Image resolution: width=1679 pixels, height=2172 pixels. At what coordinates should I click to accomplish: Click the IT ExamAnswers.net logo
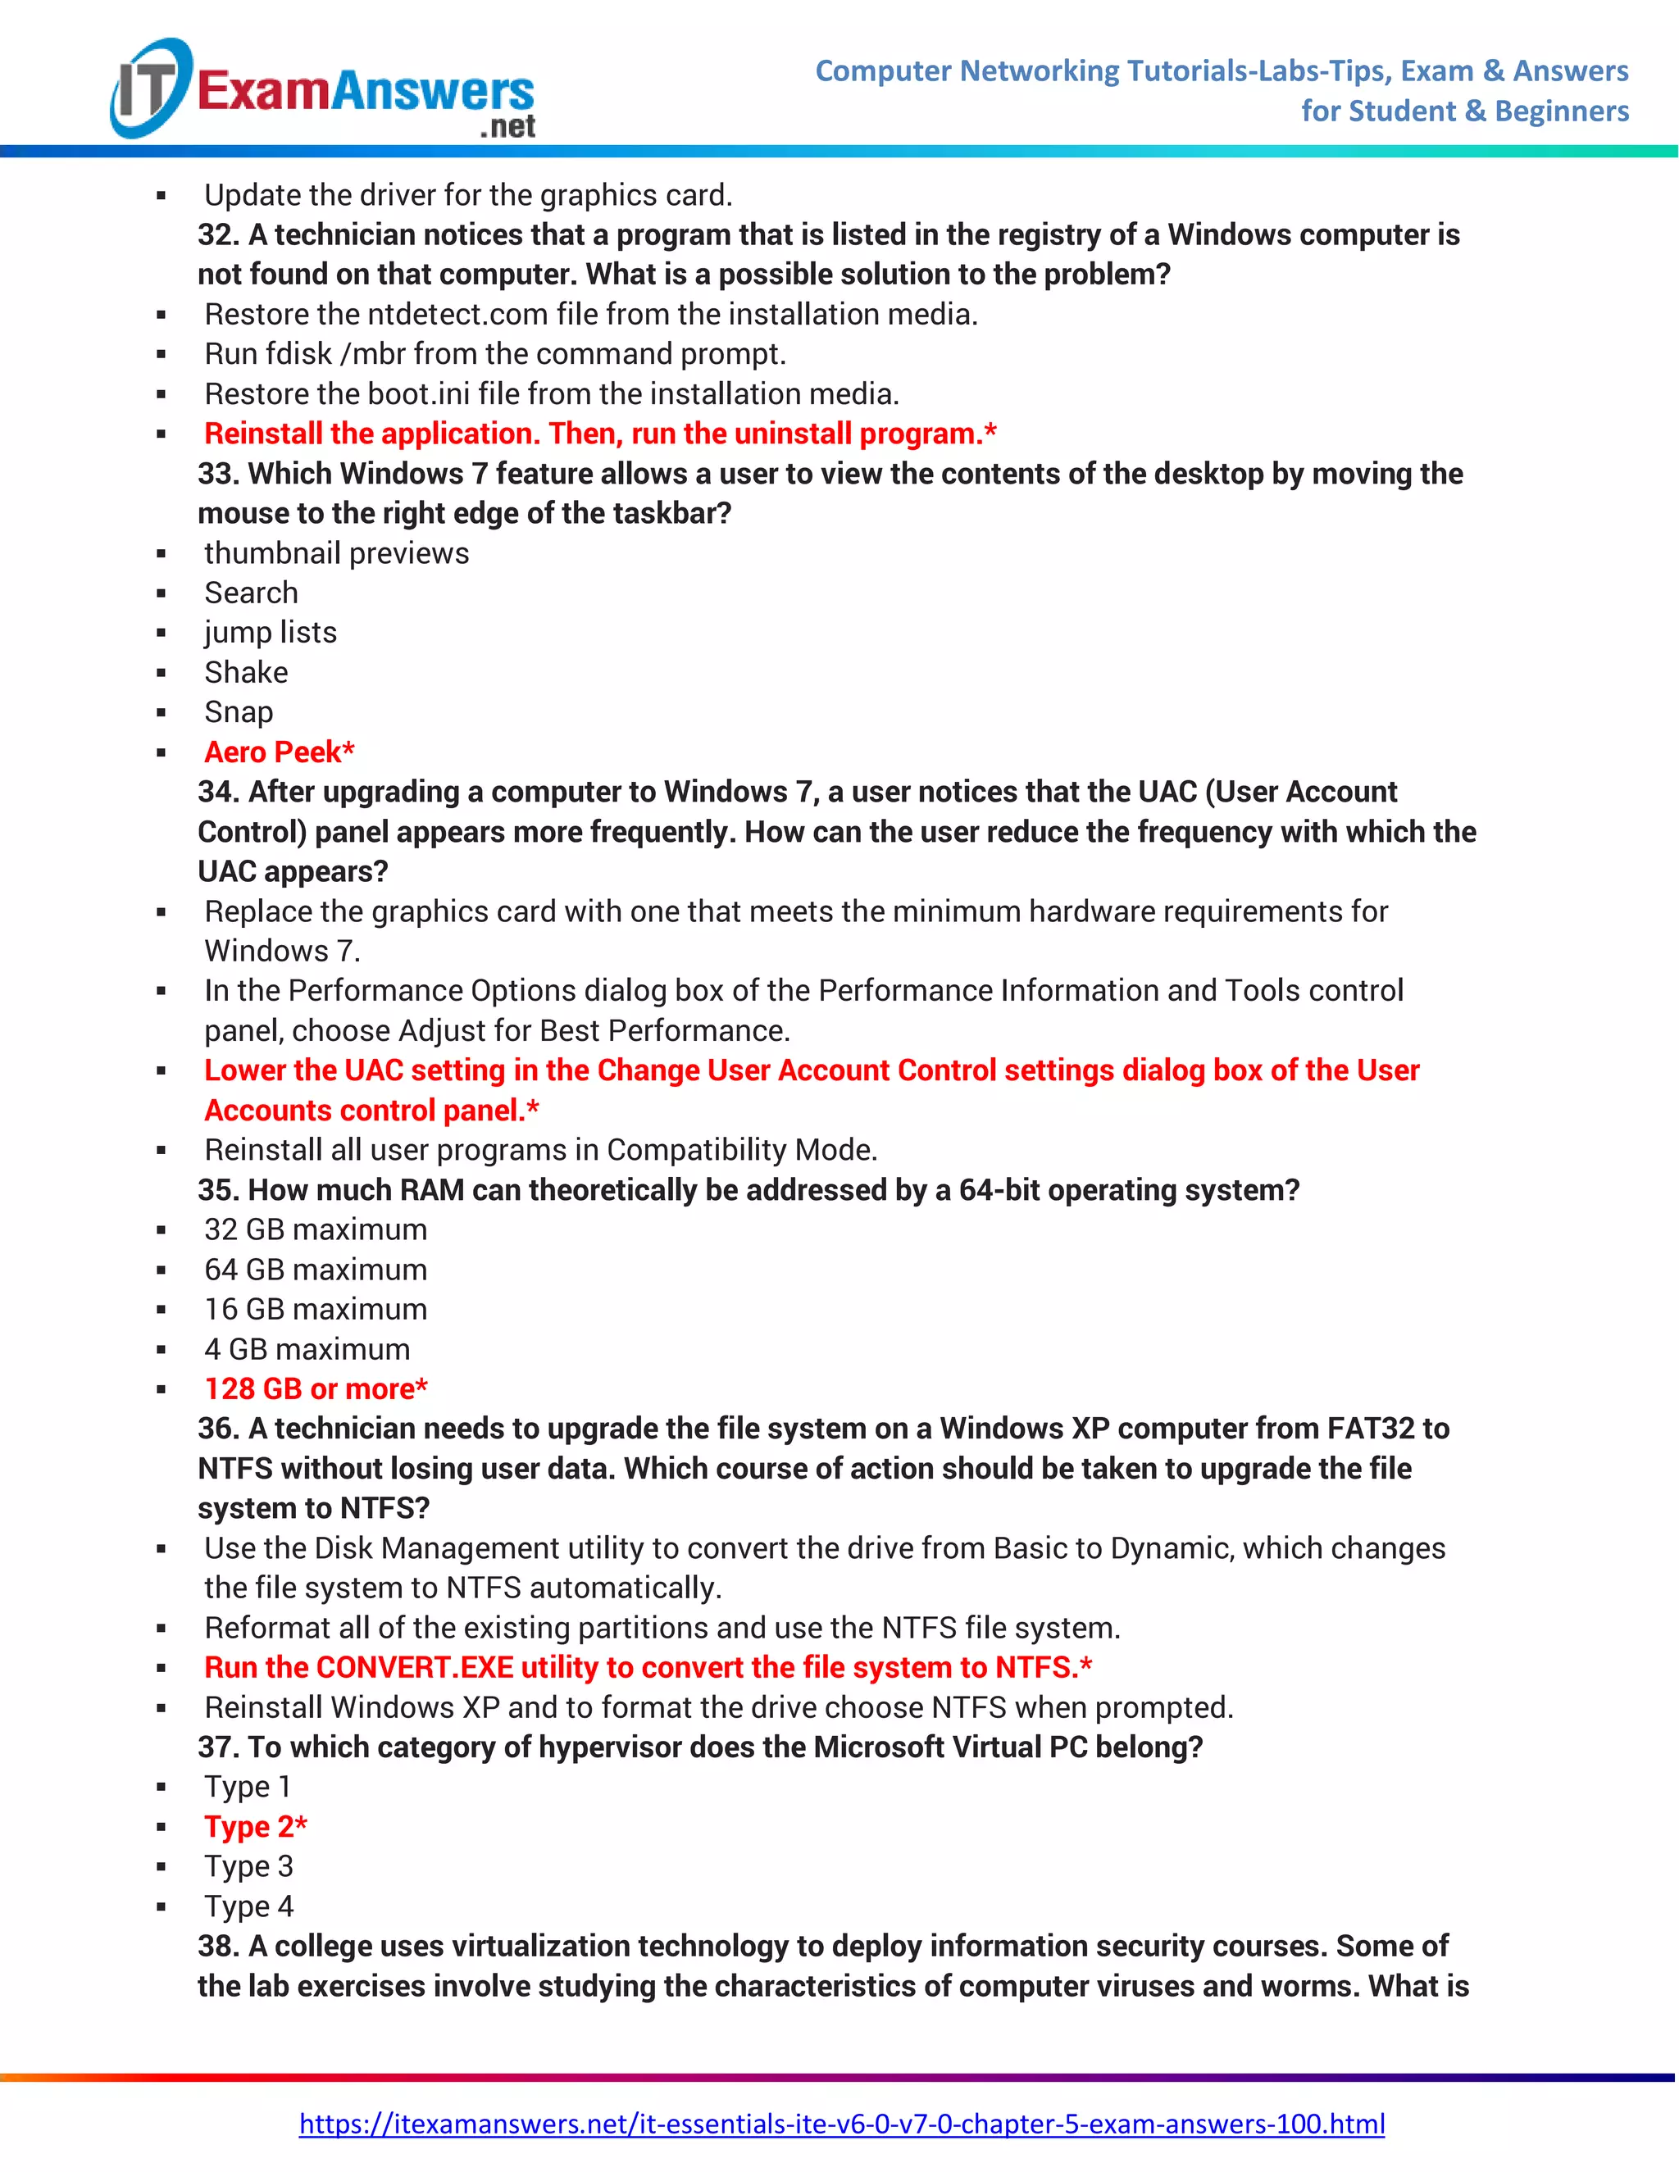coord(323,89)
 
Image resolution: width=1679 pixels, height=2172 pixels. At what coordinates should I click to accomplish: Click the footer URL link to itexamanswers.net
coord(841,2124)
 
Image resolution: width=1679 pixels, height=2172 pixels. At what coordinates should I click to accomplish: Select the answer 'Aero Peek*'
coord(280,752)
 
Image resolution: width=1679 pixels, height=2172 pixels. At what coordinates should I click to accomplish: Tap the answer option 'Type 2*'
coord(256,1826)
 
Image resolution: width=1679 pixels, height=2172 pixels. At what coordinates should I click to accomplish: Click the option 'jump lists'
coord(271,633)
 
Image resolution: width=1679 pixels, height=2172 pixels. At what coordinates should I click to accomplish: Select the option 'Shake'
coord(246,672)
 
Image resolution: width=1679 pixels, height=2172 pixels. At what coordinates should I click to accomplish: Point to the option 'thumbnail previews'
coord(336,553)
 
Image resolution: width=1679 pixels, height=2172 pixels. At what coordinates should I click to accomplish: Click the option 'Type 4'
coord(248,1906)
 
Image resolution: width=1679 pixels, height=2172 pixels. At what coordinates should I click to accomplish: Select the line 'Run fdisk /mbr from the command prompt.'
coord(495,354)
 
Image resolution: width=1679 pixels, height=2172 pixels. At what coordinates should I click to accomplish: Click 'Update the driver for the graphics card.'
coord(467,195)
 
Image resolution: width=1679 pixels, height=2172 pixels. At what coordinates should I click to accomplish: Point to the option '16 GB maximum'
coord(316,1309)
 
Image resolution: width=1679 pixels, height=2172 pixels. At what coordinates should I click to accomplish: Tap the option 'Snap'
coord(239,712)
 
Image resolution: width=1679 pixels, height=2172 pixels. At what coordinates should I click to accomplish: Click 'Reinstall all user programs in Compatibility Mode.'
coord(540,1150)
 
